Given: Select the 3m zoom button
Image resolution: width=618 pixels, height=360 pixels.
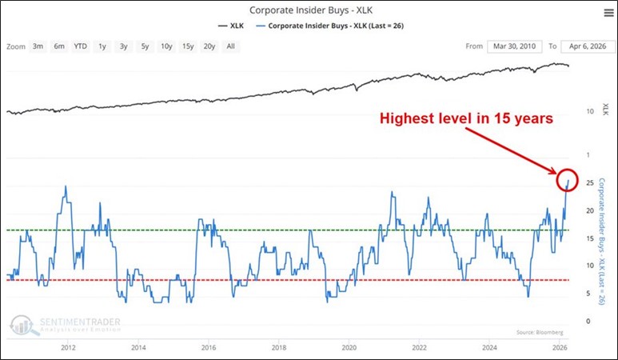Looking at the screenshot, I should (38, 46).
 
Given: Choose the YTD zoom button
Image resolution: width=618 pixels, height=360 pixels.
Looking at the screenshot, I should (81, 46).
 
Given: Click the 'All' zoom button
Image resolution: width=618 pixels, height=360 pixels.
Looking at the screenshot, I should (231, 46).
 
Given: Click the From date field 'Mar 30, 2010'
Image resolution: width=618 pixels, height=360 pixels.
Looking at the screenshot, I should (514, 46).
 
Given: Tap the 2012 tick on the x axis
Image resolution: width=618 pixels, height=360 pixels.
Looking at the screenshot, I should (68, 348).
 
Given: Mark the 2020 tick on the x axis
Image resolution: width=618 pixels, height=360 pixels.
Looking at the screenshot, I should (349, 348).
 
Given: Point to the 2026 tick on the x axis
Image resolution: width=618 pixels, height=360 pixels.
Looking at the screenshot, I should (559, 348).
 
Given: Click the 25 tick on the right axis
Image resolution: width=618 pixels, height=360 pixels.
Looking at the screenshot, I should (588, 184).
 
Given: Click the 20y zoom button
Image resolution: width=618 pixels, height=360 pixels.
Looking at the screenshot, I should (209, 46).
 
